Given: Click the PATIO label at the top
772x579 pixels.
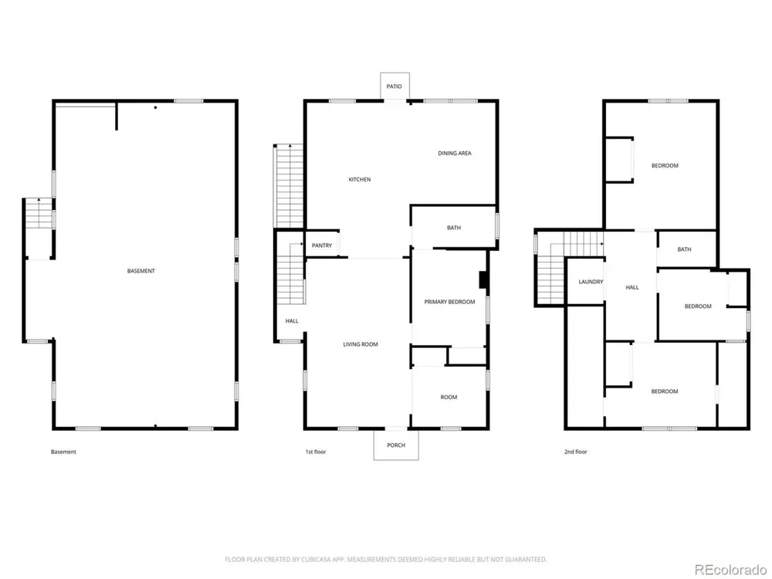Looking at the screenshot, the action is point(394,86).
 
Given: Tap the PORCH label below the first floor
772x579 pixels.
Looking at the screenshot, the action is point(396,445).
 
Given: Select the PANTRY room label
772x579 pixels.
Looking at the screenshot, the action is point(322,245).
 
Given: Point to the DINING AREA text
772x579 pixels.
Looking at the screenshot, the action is point(455,153).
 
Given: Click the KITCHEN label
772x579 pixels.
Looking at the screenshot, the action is point(360,179).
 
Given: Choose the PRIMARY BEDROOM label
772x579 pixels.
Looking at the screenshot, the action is point(449,302).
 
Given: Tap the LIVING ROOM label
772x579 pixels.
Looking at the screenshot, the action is point(361,344).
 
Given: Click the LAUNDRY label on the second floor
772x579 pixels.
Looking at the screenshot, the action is point(591,282).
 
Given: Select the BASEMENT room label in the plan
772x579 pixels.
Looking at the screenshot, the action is point(141,271).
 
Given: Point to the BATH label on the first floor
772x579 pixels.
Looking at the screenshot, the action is point(454,228).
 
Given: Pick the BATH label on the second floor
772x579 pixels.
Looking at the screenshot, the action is point(684,249).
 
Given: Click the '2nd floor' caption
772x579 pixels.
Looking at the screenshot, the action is point(576,452).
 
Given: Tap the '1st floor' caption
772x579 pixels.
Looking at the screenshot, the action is point(316,452).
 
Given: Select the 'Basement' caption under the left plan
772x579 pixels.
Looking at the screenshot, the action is point(63,452).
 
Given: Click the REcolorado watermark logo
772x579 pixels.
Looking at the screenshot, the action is point(730,570).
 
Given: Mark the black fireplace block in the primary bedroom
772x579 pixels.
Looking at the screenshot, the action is point(483,279).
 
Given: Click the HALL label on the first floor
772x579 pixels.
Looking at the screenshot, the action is point(292,321).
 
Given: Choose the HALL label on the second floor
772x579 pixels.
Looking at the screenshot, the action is point(632,287).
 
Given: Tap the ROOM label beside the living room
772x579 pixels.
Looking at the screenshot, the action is point(449,397).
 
